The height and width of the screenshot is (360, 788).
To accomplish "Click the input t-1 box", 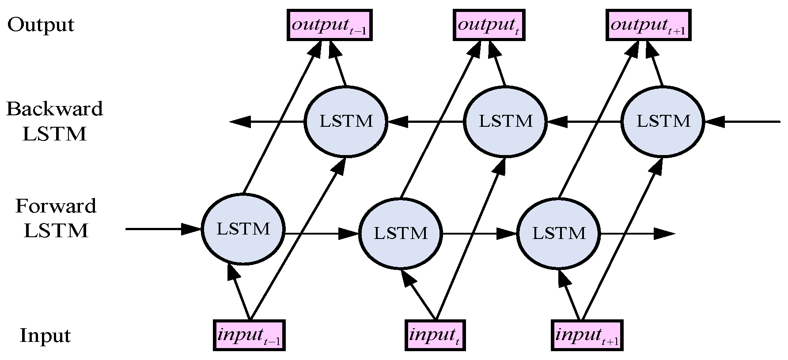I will tap(249, 335).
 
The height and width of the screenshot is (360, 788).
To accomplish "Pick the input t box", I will tap(435, 335).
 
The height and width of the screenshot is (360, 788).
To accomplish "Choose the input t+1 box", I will tap(587, 335).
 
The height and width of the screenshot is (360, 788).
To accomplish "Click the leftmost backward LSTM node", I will tap(346, 121).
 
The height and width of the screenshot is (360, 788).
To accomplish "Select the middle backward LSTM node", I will tap(505, 121).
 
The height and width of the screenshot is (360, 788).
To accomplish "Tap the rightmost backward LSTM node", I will tap(663, 121).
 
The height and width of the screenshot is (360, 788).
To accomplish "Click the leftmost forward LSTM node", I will tap(243, 229).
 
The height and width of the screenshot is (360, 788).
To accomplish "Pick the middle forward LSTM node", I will tap(401, 233).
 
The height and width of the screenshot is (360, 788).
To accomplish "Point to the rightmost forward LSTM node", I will tap(559, 233).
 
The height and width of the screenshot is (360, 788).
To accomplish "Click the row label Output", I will tap(41, 25).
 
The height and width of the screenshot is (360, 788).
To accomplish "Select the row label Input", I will tap(45, 336).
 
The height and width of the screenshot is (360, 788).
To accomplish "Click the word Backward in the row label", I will tap(54, 109).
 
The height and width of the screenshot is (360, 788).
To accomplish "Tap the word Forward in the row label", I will tap(56, 206).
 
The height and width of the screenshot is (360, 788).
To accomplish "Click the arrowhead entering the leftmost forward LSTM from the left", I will tap(192, 229).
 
